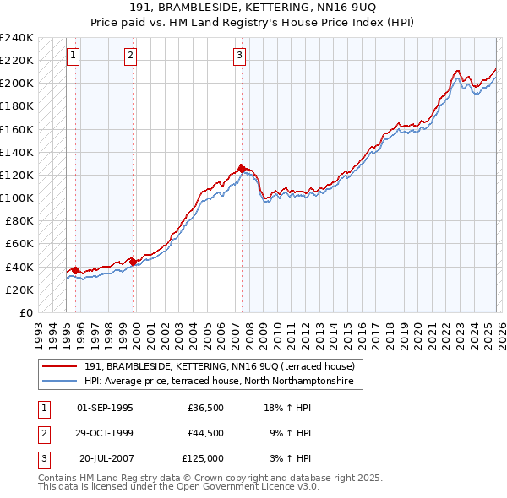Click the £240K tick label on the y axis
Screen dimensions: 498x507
pyautogui.click(x=17, y=38)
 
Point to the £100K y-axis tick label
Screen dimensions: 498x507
pyautogui.click(x=17, y=198)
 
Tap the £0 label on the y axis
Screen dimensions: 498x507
pyautogui.click(x=27, y=312)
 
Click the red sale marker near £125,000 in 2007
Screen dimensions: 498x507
pyautogui.click(x=242, y=169)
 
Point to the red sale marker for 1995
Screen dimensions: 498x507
pyautogui.click(x=76, y=270)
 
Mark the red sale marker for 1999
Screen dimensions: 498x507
pyautogui.click(x=134, y=261)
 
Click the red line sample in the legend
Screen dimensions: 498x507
pyautogui.click(x=61, y=366)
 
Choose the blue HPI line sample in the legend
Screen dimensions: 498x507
pyautogui.click(x=61, y=381)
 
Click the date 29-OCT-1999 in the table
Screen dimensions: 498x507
pyautogui.click(x=105, y=433)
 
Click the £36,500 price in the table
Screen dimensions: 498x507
pyautogui.click(x=205, y=408)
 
